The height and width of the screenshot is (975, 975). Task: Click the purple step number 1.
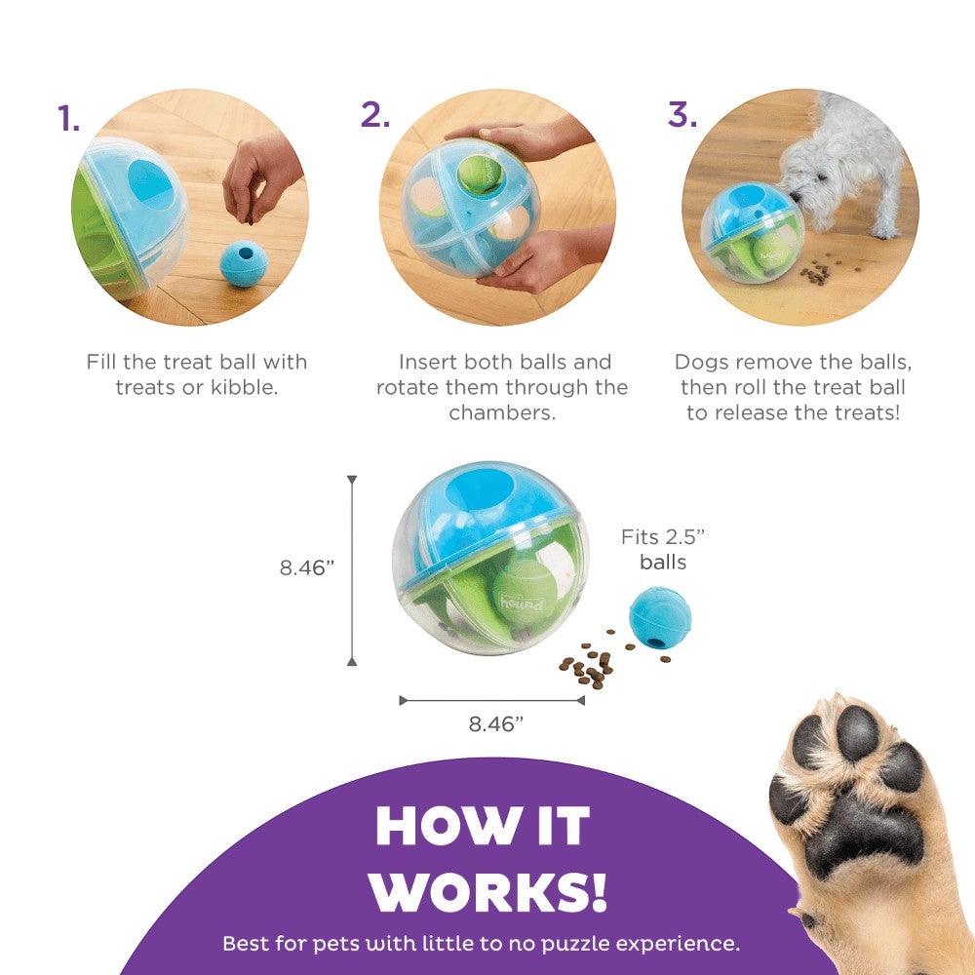(68, 118)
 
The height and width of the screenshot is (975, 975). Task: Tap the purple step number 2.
(375, 114)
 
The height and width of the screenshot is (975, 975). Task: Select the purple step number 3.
(682, 114)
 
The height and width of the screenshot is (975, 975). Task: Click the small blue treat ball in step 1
(244, 263)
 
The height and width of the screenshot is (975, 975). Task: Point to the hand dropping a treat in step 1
(260, 179)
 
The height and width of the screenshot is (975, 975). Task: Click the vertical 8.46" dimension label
(306, 567)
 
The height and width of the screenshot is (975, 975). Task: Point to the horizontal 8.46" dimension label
(495, 723)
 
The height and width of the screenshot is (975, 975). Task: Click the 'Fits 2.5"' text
(663, 536)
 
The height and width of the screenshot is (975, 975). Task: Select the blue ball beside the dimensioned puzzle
(660, 617)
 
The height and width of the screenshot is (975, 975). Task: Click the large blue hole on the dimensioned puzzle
(480, 489)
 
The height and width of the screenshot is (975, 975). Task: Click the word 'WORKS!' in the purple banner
(487, 892)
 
